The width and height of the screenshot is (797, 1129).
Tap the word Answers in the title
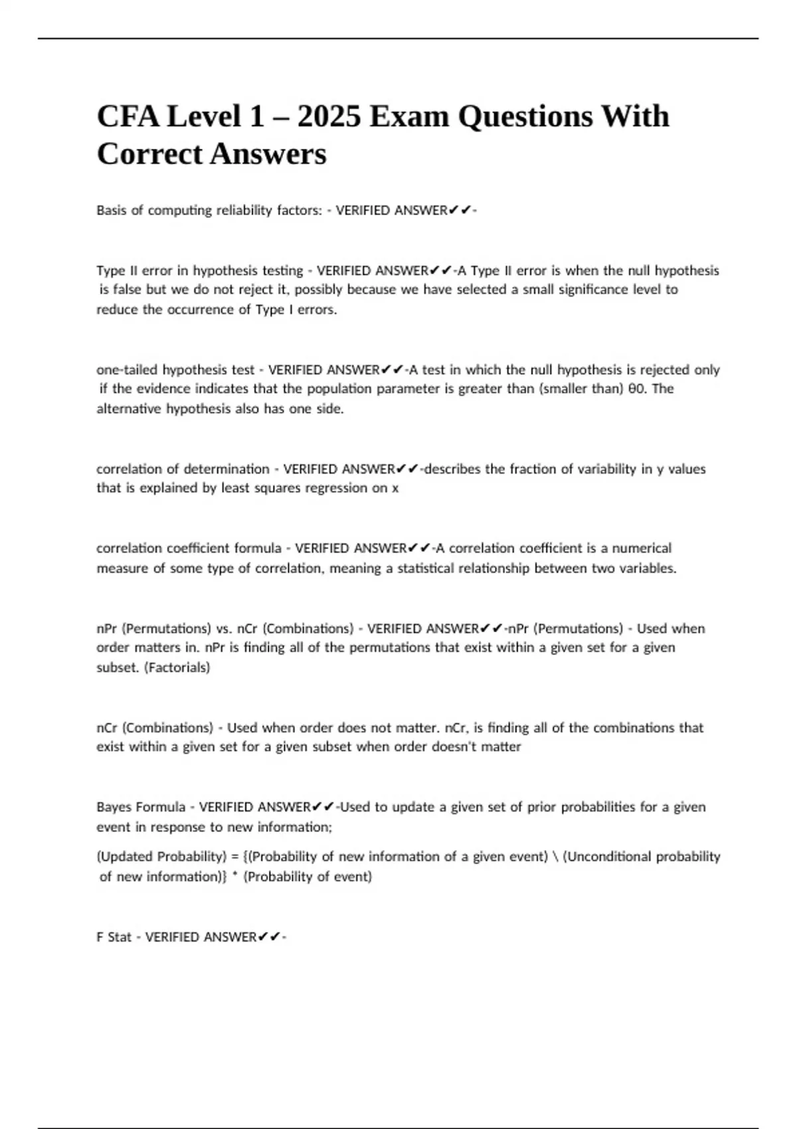268,155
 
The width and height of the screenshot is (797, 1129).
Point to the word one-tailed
128,370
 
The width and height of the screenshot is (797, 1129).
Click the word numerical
642,549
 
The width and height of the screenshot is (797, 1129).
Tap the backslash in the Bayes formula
555,857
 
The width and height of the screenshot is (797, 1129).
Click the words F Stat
114,937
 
